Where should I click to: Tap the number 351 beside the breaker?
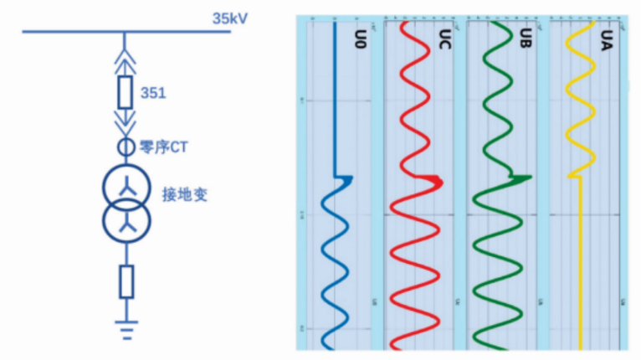click(x=153, y=93)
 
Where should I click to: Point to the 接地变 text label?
click(x=184, y=195)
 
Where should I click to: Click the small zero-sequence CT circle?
click(x=125, y=147)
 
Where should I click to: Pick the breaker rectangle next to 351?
click(x=126, y=92)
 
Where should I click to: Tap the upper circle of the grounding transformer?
click(x=126, y=188)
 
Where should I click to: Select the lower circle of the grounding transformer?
click(x=126, y=219)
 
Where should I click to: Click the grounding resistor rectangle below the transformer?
click(x=126, y=282)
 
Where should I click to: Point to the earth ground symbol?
click(x=126, y=330)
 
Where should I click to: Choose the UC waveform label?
click(x=444, y=40)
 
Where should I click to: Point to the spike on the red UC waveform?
click(x=434, y=180)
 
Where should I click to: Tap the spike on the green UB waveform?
click(x=519, y=177)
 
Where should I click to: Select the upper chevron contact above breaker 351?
click(x=126, y=54)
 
